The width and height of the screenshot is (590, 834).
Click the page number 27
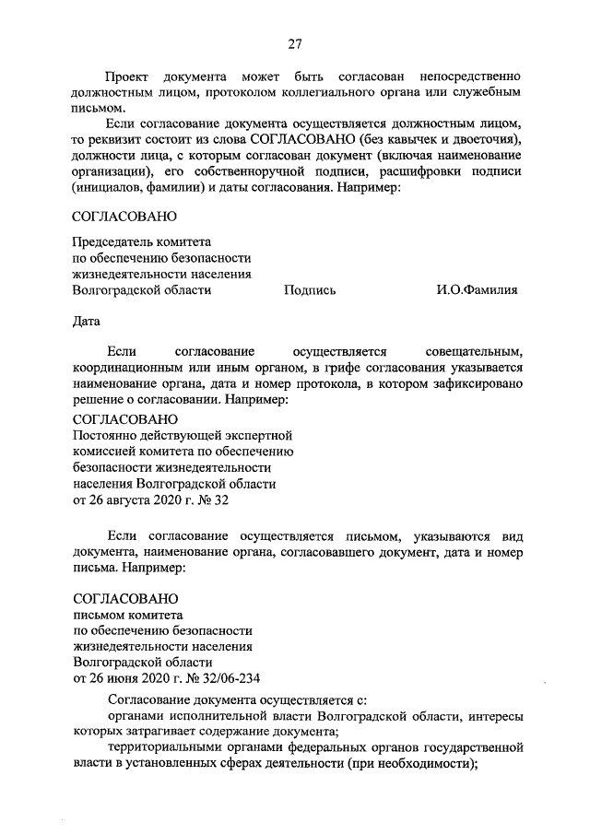[294, 43]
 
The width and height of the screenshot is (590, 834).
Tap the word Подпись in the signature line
[310, 290]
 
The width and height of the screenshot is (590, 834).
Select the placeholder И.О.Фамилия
[477, 290]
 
